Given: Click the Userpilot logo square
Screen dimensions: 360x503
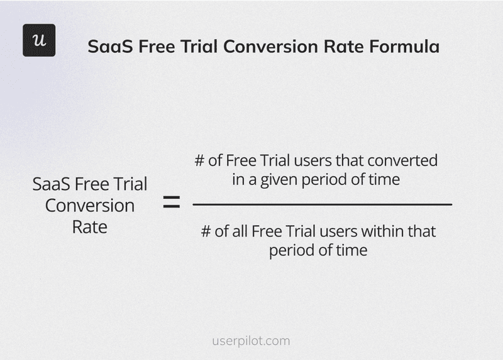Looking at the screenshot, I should pyautogui.click(x=39, y=40).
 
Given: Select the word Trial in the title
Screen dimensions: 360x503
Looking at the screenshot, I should pyautogui.click(x=200, y=47).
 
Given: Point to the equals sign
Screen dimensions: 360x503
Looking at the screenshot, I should pyautogui.click(x=171, y=203).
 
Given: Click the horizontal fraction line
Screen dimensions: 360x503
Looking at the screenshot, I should pyautogui.click(x=322, y=205).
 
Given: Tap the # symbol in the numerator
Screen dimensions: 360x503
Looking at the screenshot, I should pyautogui.click(x=200, y=160).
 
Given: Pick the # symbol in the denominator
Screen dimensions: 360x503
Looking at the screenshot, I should pyautogui.click(x=206, y=231).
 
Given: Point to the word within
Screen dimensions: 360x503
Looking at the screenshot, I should pyautogui.click(x=382, y=231).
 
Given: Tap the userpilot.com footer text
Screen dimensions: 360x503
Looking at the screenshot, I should pyautogui.click(x=251, y=341).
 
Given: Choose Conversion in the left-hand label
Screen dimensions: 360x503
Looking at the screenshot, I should pyautogui.click(x=90, y=206).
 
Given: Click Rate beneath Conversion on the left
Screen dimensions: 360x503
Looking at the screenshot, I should pyautogui.click(x=90, y=227).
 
